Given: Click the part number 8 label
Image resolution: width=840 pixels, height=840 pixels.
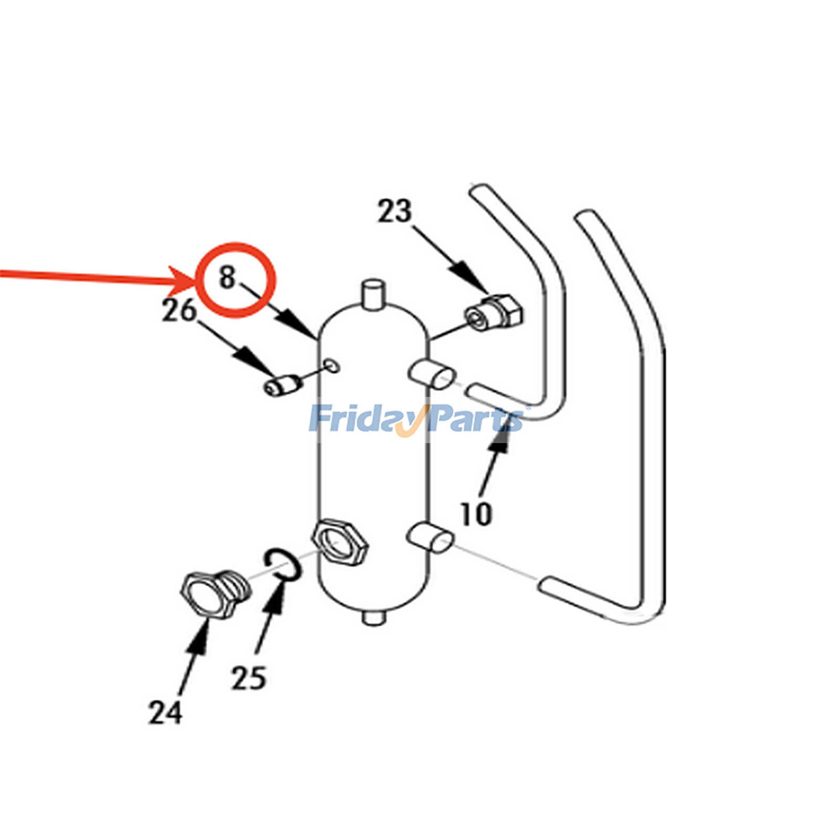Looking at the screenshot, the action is point(227,277).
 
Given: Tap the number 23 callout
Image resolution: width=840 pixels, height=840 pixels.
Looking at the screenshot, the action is point(395,211).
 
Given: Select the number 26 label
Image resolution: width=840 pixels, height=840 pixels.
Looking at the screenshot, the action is point(179,310).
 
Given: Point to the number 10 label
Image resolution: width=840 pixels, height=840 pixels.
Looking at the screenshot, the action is point(476,513).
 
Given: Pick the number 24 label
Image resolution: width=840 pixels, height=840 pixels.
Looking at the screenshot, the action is point(165,712).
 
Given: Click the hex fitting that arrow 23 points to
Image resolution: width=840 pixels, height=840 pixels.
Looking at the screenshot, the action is point(495,312).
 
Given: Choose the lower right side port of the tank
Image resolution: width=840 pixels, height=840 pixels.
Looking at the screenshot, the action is point(429,537).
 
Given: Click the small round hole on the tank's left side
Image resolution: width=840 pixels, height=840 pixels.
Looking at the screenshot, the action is point(332,365).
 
